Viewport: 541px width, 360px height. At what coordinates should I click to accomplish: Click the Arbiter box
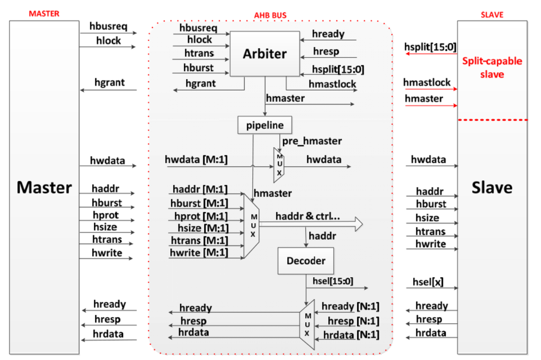265,54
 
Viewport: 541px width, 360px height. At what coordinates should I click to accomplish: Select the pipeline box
264,125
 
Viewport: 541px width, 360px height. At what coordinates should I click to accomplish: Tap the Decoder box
305,261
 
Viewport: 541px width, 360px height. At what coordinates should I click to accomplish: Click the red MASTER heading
44,14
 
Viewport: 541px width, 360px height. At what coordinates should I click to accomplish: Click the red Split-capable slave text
492,67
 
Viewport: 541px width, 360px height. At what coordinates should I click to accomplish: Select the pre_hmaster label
312,141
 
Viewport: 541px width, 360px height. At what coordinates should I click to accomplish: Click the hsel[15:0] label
333,281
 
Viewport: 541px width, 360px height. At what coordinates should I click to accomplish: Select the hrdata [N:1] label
351,335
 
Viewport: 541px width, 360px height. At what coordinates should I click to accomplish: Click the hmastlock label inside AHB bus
332,84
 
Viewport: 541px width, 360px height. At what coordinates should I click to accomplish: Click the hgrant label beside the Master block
109,83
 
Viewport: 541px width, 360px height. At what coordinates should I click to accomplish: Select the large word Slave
492,187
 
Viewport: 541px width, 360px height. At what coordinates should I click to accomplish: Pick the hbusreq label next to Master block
108,26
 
